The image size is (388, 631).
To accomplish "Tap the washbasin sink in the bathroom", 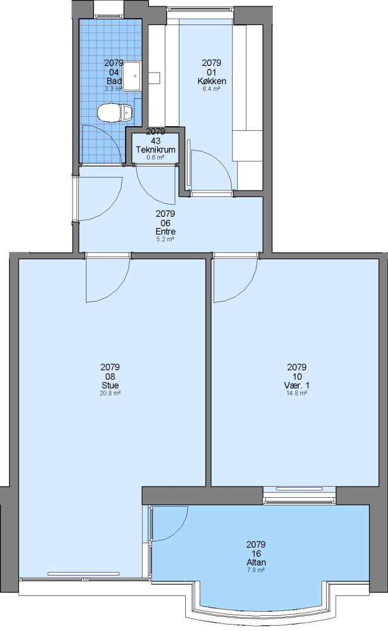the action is tap(131, 76).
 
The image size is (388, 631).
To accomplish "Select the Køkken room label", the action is tap(212, 81).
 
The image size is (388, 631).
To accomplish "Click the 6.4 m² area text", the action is tap(212, 89).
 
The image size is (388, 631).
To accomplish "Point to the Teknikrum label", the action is tap(155, 150).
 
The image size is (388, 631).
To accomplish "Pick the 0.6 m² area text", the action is tap(155, 157).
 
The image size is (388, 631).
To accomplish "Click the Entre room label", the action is tap(165, 232).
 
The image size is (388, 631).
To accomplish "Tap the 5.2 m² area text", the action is tap(165, 240).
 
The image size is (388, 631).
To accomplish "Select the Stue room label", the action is tap(110, 386).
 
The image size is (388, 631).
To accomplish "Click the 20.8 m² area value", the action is tap(110, 393).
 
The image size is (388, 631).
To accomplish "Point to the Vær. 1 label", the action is tap(297, 386).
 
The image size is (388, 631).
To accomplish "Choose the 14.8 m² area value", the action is tap(297, 393).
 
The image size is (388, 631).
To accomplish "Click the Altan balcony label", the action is tap(256, 563).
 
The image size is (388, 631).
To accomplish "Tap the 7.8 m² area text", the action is tap(256, 570).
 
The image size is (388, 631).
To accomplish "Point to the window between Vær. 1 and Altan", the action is tap(299, 495).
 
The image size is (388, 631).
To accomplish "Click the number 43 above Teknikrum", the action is tap(155, 141).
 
